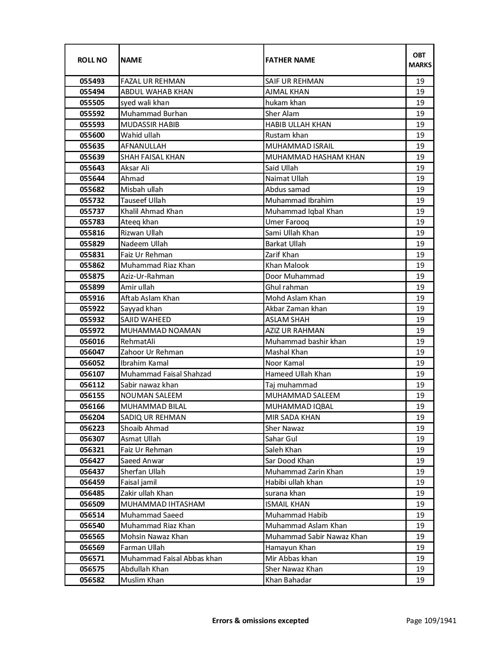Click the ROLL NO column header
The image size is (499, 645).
pyautogui.click(x=92, y=60)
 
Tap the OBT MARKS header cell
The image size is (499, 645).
pyautogui.click(x=420, y=60)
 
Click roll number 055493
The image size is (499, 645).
pyautogui.click(x=92, y=81)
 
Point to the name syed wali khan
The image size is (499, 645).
pyautogui.click(x=145, y=103)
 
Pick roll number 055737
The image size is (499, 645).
pyautogui.click(x=92, y=211)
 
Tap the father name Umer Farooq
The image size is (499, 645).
pyautogui.click(x=287, y=222)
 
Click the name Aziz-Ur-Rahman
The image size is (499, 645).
pyautogui.click(x=147, y=276)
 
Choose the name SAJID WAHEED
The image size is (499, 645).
pyautogui.click(x=146, y=320)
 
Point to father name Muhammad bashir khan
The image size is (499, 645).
pyautogui.click(x=306, y=341)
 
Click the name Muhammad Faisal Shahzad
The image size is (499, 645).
pyautogui.click(x=166, y=374)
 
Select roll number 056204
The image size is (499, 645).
pyautogui.click(x=92, y=417)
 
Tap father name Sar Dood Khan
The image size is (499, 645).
pyautogui.click(x=290, y=461)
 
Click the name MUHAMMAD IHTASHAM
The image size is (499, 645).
pyautogui.click(x=162, y=504)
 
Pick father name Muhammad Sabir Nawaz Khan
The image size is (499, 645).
pyautogui.click(x=316, y=537)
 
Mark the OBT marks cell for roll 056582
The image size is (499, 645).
pyautogui.click(x=420, y=580)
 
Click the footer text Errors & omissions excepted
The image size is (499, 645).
pyautogui.click(x=260, y=620)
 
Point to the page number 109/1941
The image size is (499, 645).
pyautogui.click(x=431, y=620)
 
